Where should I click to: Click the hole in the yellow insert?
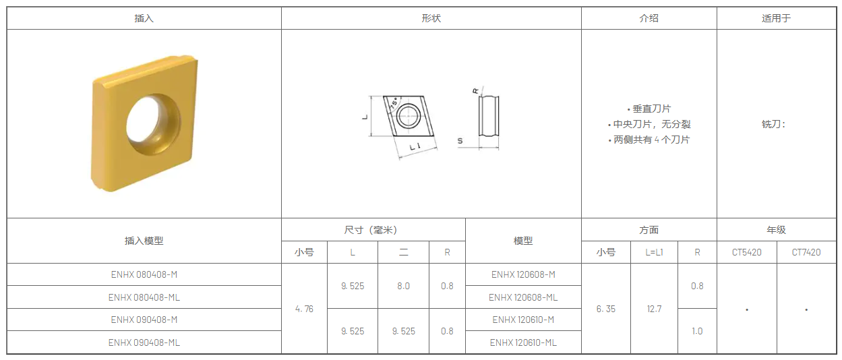(153, 124)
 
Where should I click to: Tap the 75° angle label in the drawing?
(394, 104)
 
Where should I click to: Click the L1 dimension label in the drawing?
(415, 147)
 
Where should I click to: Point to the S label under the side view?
(460, 141)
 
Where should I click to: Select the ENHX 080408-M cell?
(144, 274)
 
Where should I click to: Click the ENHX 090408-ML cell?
(144, 342)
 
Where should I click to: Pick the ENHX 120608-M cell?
(523, 274)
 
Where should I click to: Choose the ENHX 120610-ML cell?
(523, 342)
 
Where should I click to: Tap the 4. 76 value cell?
(304, 309)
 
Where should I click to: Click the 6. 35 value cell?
(606, 309)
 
